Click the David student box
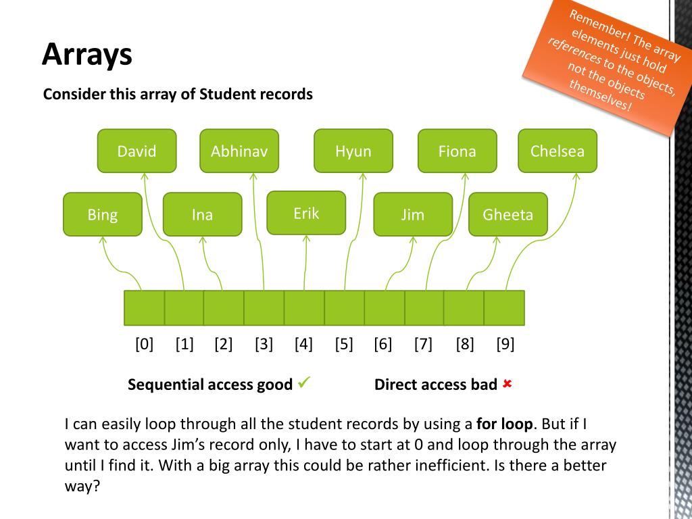click(x=137, y=151)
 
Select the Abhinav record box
click(x=239, y=151)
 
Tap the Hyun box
click(x=353, y=151)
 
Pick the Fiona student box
click(x=457, y=151)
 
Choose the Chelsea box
click(x=557, y=151)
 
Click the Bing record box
click(x=103, y=214)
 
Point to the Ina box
click(x=202, y=214)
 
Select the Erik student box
click(x=306, y=213)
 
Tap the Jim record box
click(x=412, y=214)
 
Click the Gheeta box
click(x=508, y=214)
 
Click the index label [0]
click(x=144, y=345)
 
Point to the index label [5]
click(x=344, y=345)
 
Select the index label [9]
click(x=505, y=345)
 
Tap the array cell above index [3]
click(x=264, y=308)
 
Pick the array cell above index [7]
click(x=424, y=308)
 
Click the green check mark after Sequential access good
click(x=303, y=383)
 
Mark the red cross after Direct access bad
click(x=508, y=384)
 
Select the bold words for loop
click(x=505, y=424)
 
